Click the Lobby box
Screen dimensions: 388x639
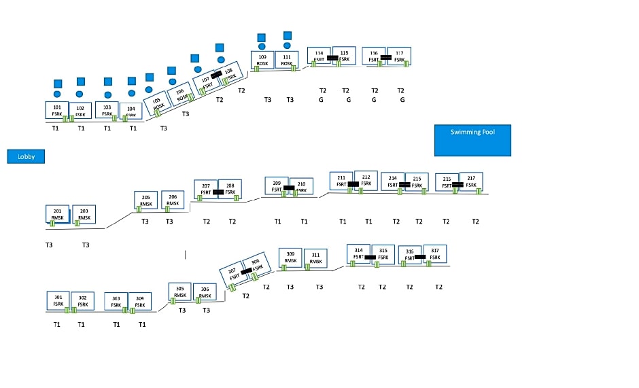pyautogui.click(x=26, y=156)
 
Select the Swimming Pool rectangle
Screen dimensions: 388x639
pyautogui.click(x=472, y=140)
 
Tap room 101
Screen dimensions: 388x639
pyautogui.click(x=56, y=111)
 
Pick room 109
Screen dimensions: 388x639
pyautogui.click(x=262, y=60)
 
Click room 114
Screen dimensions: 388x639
pyautogui.click(x=319, y=56)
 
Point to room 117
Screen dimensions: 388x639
pyautogui.click(x=399, y=56)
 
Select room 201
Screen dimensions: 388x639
pyautogui.click(x=57, y=214)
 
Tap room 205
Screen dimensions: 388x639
pyautogui.click(x=145, y=200)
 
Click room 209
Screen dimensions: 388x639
pyautogui.click(x=276, y=186)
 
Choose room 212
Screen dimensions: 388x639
pyautogui.click(x=366, y=180)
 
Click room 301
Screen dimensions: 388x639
pyautogui.click(x=58, y=301)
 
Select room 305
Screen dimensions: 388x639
pyautogui.click(x=179, y=292)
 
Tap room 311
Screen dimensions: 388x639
pyautogui.click(x=315, y=258)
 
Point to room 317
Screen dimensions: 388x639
pyautogui.click(x=434, y=253)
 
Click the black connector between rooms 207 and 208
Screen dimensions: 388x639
pyautogui.click(x=218, y=192)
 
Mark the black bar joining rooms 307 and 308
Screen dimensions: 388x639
pyautogui.click(x=246, y=270)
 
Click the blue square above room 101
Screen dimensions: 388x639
pyautogui.click(x=57, y=83)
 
